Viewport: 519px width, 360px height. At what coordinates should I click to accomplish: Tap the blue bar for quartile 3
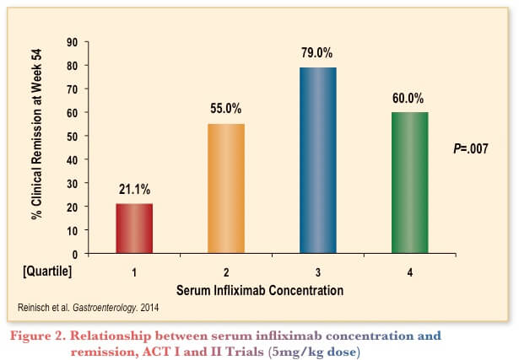pos(317,160)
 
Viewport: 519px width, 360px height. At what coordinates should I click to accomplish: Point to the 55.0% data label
pos(226,109)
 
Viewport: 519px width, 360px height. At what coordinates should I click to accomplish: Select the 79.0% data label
pos(317,53)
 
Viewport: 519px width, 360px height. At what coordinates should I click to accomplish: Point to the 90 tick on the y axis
pos(72,42)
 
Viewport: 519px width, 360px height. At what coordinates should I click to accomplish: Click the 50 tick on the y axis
pos(72,136)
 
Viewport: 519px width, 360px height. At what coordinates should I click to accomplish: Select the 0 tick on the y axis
pos(75,253)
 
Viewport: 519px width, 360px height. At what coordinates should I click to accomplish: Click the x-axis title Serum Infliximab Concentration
pos(259,289)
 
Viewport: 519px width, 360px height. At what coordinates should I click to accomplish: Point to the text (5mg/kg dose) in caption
pos(323,350)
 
